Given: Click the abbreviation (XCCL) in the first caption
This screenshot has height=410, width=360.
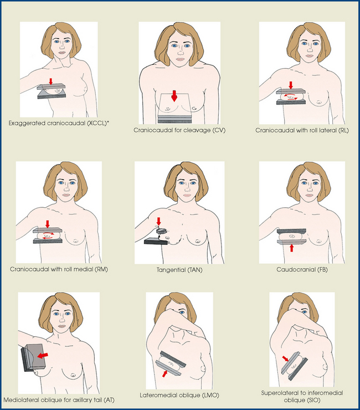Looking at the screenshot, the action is coord(97,123).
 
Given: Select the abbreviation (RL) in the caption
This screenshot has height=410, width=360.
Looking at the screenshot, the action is coord(344,130).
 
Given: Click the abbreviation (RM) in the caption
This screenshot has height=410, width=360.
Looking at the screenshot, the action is coord(102,269).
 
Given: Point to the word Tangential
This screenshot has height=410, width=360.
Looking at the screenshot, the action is coord(171,270).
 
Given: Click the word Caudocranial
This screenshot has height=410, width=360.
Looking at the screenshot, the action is coord(296,269).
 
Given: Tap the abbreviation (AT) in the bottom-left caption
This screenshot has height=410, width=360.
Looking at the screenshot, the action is coord(109,400).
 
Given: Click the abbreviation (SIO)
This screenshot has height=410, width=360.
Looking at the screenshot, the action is coord(313,400).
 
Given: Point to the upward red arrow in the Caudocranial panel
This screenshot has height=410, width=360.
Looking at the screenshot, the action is coord(291,248).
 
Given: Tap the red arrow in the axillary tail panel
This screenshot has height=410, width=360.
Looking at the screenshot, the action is coord(43,356).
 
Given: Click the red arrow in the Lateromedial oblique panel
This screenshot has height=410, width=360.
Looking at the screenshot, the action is coord(164,373).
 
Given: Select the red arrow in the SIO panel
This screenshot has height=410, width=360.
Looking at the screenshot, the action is coord(285,358).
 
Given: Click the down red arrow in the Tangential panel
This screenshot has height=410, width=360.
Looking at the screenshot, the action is coord(158,222).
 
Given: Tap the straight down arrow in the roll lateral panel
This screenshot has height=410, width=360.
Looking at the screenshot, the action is coord(290,85).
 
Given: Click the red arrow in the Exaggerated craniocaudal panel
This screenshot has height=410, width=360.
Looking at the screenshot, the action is coord(51,81).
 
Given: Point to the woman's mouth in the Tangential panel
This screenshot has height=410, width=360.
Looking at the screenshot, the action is coord(187,195).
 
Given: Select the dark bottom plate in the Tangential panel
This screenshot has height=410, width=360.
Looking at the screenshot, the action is coord(156,241).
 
